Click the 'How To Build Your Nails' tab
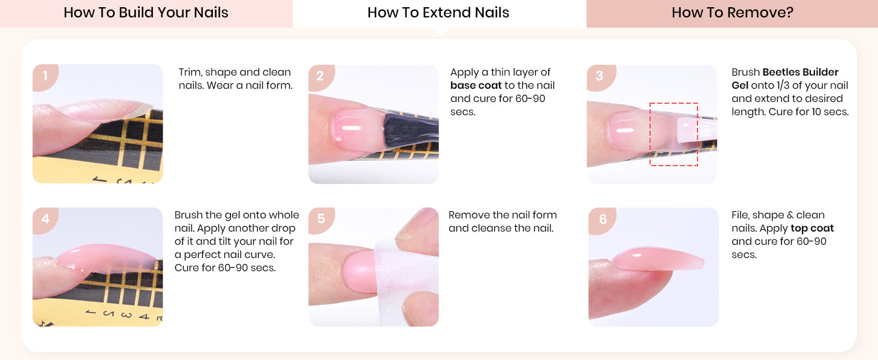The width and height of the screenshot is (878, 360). [x=146, y=13]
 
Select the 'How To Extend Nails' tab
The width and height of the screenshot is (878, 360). [x=439, y=13]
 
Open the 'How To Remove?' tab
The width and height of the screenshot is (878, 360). [x=732, y=13]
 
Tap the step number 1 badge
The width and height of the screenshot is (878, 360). [x=45, y=76]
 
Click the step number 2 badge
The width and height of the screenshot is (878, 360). [x=321, y=76]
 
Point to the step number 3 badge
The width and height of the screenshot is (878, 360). [x=600, y=76]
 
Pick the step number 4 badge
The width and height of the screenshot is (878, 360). [x=45, y=219]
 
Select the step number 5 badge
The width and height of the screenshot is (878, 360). [x=321, y=219]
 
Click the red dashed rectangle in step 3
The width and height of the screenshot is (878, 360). [x=650, y=134]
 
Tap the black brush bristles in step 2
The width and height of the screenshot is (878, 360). [x=410, y=130]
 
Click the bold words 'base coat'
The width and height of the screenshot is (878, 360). [x=476, y=85]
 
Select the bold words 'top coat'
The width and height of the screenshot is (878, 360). [x=812, y=228]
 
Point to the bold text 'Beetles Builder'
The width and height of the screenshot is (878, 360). [x=800, y=72]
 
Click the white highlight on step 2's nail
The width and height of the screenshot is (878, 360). [x=351, y=128]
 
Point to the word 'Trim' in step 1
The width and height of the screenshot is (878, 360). [x=190, y=72]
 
